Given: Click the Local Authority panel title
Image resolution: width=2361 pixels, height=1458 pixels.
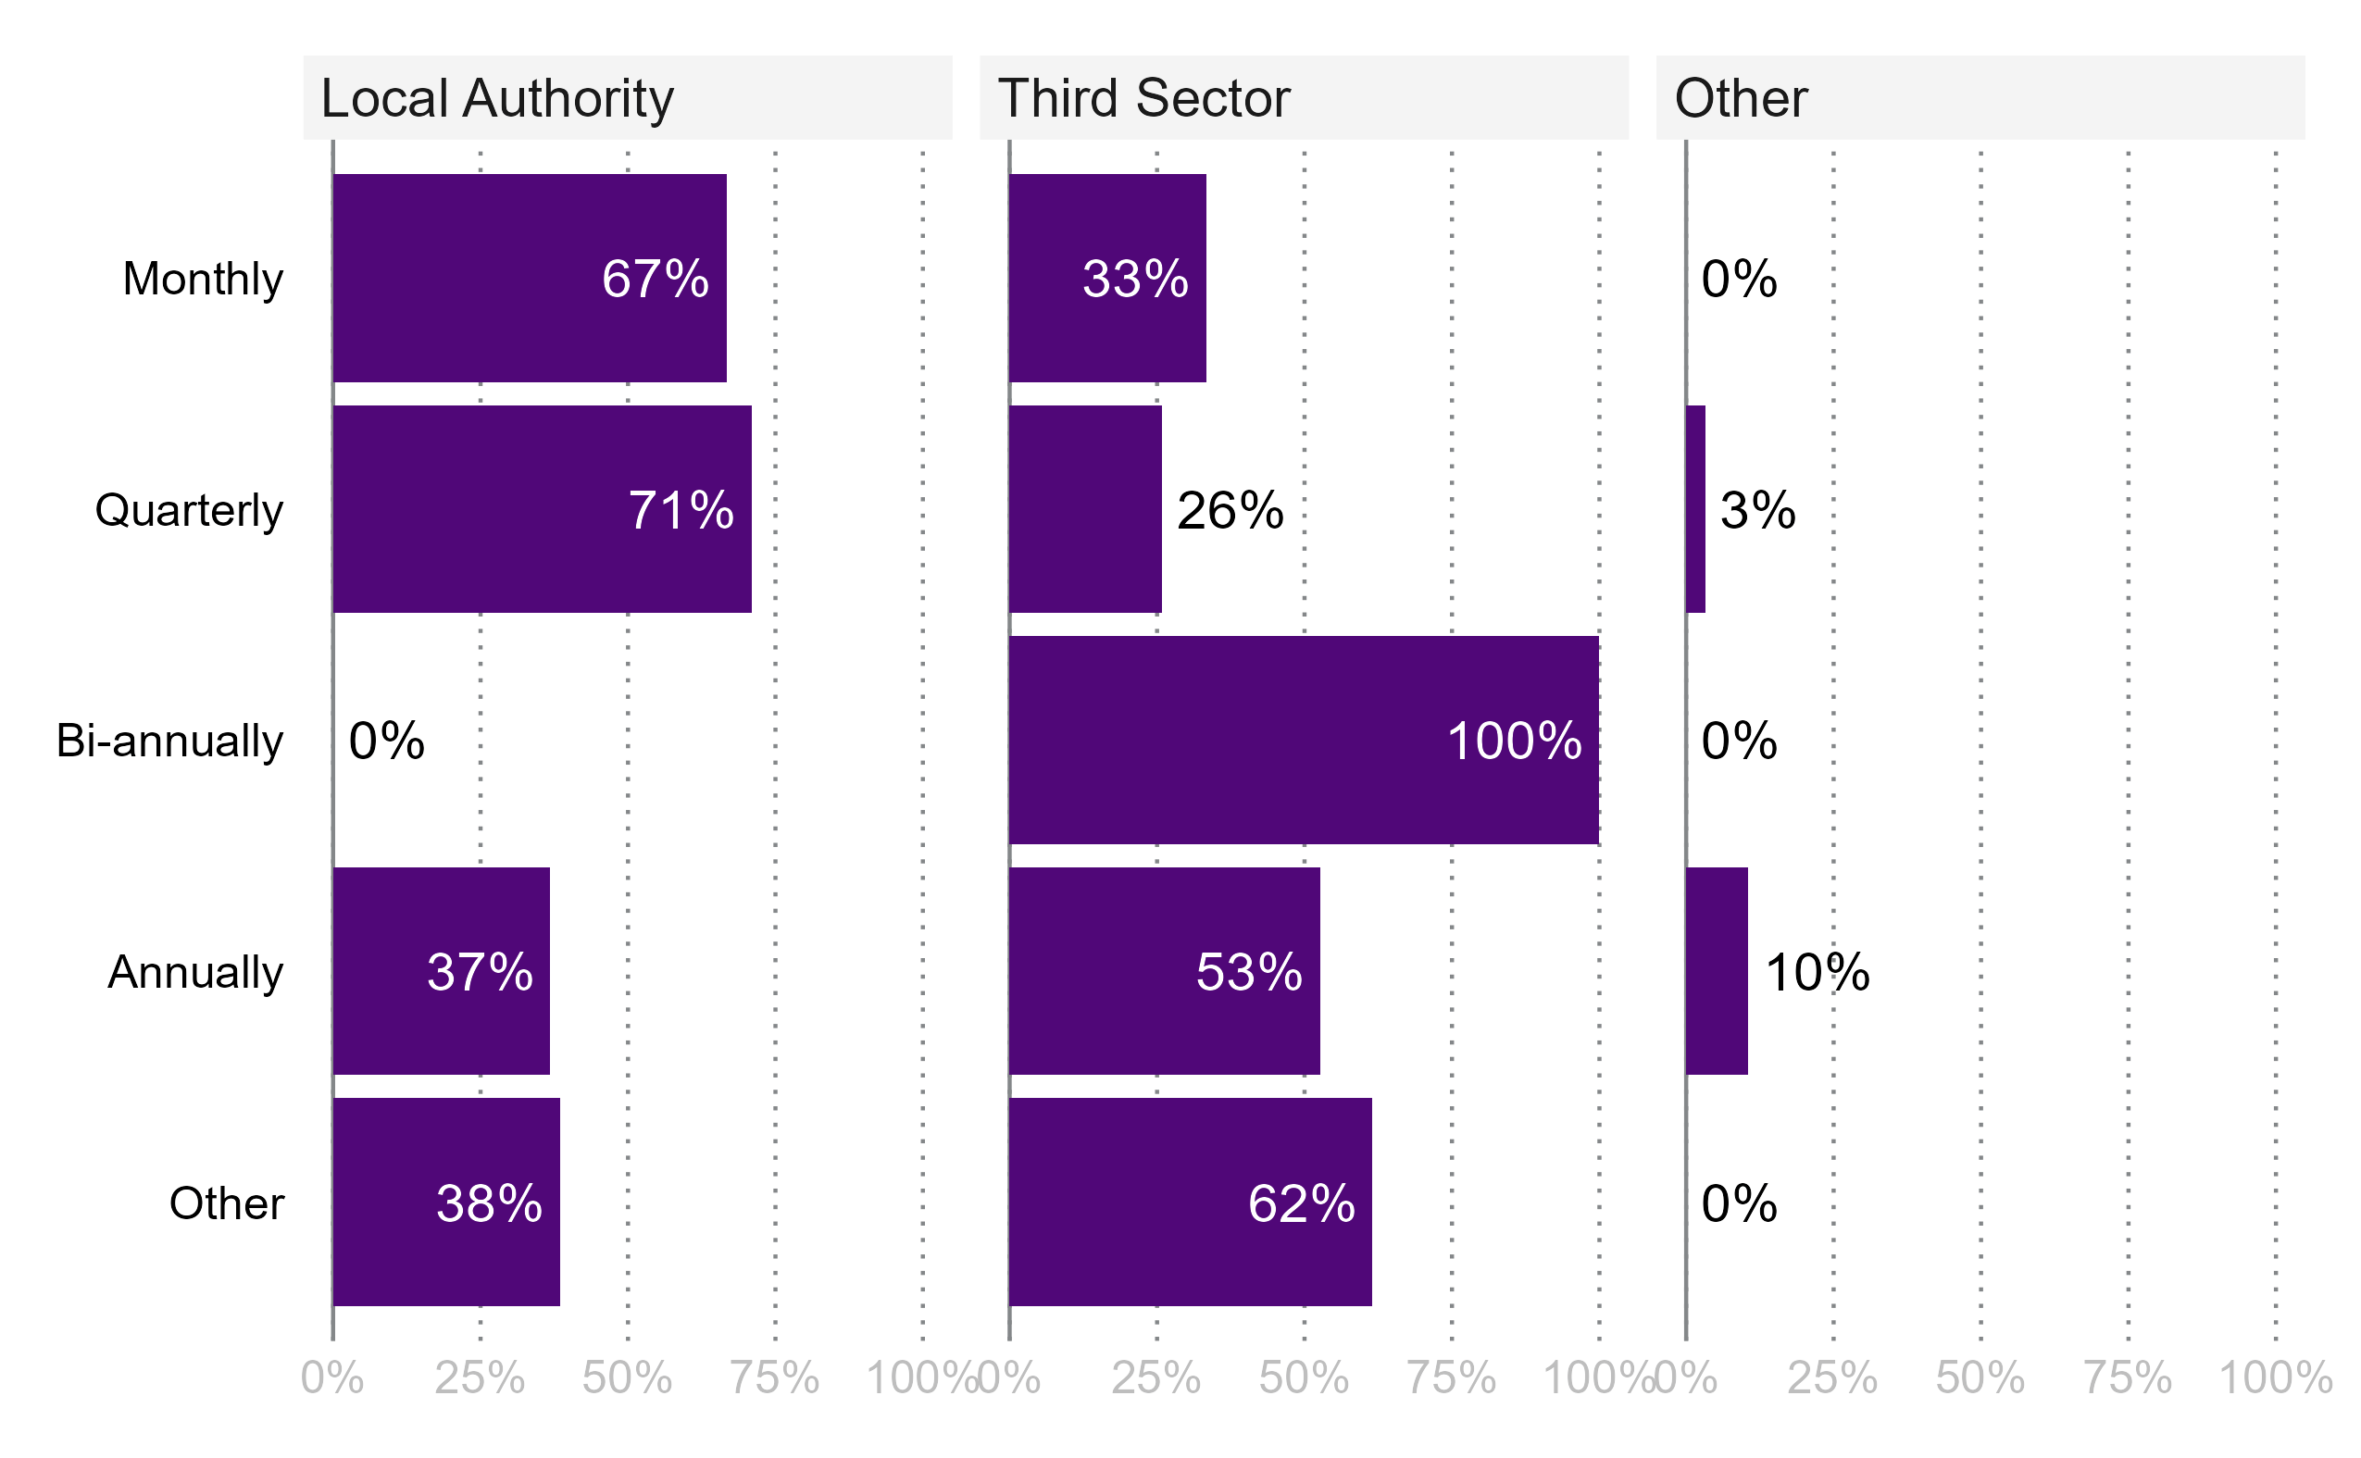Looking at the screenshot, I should click(496, 98).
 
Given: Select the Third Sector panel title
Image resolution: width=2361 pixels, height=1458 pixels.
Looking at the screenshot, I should click(1143, 98).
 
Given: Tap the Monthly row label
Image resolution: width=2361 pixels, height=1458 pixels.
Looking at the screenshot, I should click(203, 279).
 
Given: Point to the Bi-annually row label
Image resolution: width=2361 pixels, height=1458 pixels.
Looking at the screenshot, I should click(169, 741).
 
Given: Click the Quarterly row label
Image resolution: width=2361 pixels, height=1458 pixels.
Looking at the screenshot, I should click(189, 509).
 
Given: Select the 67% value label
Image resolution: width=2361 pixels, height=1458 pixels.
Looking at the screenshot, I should click(655, 279).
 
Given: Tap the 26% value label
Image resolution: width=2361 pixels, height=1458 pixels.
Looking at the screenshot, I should click(1230, 510).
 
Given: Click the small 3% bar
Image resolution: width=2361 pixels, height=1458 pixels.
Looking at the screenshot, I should click(1695, 509).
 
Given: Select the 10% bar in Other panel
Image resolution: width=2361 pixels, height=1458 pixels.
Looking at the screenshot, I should click(1717, 971).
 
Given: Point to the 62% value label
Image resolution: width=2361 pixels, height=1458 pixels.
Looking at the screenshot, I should click(1301, 1203).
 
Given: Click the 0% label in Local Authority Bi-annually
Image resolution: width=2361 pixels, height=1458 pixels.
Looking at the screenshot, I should click(386, 741).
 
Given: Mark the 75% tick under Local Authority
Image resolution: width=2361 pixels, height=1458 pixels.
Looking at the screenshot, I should click(774, 1379).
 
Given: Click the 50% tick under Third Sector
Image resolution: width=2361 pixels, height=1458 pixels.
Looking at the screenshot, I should click(1304, 1379).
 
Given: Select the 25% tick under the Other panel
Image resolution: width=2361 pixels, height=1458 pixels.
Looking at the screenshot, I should click(1832, 1379).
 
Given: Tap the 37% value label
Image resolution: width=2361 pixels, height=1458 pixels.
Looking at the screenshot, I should click(480, 972).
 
